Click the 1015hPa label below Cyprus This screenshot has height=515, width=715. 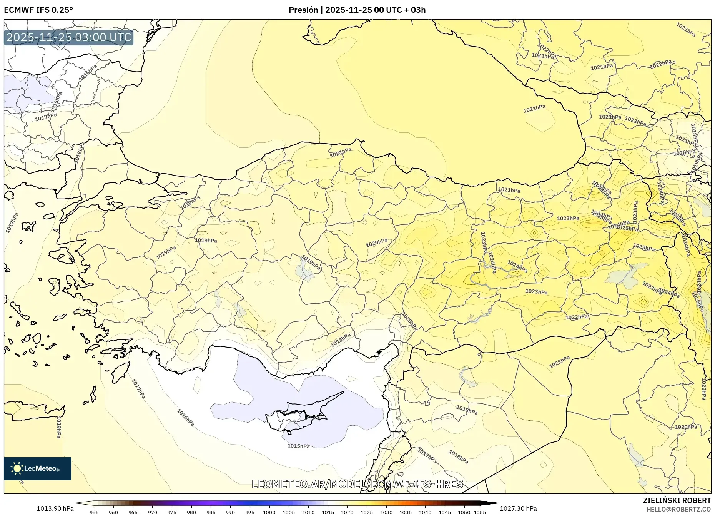click(x=298, y=446)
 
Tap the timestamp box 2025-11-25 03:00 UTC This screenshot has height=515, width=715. click(x=69, y=37)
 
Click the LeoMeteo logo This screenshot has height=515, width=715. click(x=38, y=468)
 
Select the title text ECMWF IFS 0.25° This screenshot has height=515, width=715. click(x=38, y=10)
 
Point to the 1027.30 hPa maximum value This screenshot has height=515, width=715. click(x=518, y=508)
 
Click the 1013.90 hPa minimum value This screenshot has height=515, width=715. click(x=55, y=508)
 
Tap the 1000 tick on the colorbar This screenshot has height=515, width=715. click(x=269, y=512)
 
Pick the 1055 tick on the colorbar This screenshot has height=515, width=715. click(x=480, y=512)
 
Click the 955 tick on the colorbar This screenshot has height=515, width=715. click(x=94, y=512)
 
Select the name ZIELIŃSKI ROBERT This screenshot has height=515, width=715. click(x=677, y=500)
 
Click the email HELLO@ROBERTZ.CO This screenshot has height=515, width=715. click(x=678, y=509)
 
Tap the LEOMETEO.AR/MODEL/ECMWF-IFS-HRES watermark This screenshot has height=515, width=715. click(x=357, y=484)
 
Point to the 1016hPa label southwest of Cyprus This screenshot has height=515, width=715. click(x=185, y=418)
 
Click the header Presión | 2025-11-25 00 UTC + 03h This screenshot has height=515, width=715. click(x=357, y=10)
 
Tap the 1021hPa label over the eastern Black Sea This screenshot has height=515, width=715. click(x=534, y=109)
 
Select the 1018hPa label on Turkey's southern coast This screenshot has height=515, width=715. click(x=341, y=340)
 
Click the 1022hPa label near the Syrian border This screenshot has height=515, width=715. click(x=577, y=317)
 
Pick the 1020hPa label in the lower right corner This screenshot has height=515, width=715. click(x=686, y=427)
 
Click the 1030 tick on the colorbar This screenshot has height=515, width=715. click(x=386, y=512)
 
